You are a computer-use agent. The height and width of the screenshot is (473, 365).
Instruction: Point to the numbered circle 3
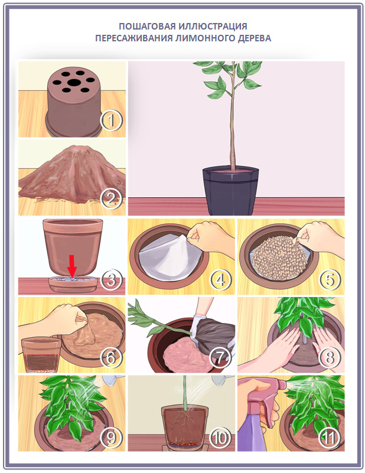tap(110, 279)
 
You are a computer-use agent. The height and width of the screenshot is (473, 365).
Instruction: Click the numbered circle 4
tap(219, 279)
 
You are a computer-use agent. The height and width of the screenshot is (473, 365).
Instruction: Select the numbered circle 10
tap(219, 437)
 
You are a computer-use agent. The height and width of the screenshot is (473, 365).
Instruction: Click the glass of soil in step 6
tap(41, 354)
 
